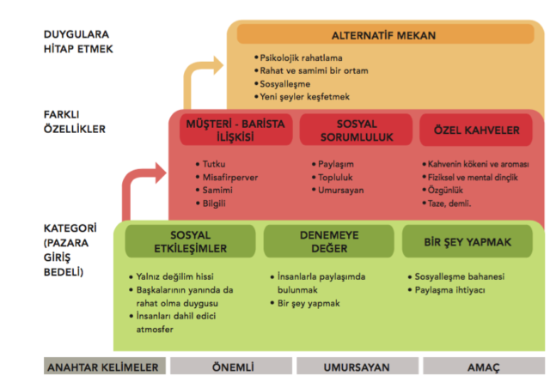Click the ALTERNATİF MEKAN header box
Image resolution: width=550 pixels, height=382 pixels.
click(383, 35)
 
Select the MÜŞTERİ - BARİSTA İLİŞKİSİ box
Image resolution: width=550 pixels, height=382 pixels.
click(235, 130)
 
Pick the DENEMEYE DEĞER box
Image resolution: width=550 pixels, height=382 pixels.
click(323, 242)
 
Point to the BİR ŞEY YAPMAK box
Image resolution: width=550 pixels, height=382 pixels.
click(467, 242)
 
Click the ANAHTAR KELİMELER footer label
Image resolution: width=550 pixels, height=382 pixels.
click(104, 367)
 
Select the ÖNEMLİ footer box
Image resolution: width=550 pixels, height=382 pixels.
click(229, 367)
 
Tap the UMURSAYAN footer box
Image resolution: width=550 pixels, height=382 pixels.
click(352, 367)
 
